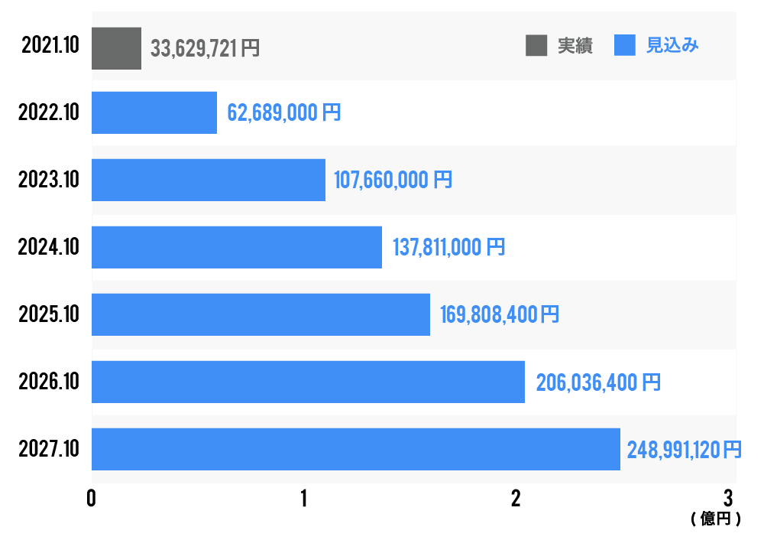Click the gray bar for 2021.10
point(116,48)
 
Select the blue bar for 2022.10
point(154,113)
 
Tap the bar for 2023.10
point(209,181)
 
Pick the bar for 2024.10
point(237,247)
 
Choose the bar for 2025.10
point(261,314)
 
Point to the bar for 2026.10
point(308,382)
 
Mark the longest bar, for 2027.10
point(356,449)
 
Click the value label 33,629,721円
point(206,48)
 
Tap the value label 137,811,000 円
point(448,247)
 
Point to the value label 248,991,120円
point(684,449)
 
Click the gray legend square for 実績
point(536,46)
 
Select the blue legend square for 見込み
point(625,46)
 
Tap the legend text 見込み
point(672,46)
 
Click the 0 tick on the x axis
point(92,499)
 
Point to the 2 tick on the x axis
point(516,499)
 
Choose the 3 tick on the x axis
point(728,499)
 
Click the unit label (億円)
point(716,519)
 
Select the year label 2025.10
point(49,314)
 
